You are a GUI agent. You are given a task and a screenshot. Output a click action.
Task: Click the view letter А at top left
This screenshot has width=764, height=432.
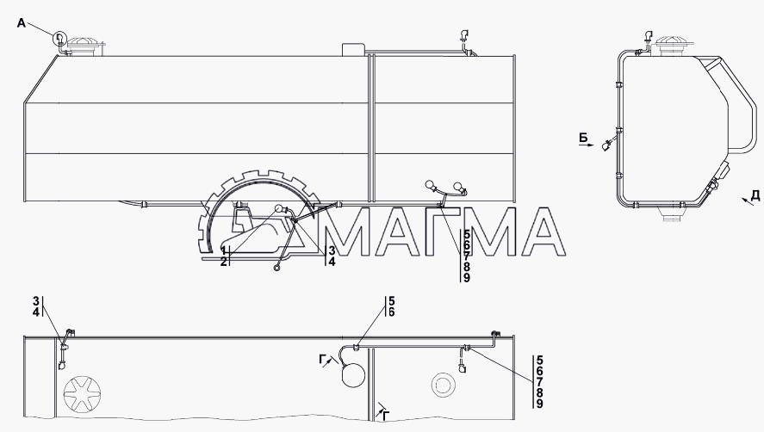(21, 22)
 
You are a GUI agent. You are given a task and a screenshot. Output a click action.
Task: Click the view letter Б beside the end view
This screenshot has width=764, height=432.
(583, 138)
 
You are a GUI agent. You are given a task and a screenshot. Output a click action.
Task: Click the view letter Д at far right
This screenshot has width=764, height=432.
(755, 195)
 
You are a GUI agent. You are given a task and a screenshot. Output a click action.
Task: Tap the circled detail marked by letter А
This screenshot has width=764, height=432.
(59, 38)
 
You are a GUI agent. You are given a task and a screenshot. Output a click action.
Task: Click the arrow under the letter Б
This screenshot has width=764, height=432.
(587, 145)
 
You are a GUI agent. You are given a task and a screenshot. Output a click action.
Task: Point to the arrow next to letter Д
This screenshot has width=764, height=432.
(746, 201)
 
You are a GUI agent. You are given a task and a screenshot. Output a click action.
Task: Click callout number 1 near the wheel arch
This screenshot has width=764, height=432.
(223, 250)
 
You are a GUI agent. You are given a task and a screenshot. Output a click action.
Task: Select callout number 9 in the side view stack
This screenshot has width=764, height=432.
(466, 278)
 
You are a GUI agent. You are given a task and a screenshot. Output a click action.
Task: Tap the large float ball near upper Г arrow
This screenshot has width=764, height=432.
(353, 375)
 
